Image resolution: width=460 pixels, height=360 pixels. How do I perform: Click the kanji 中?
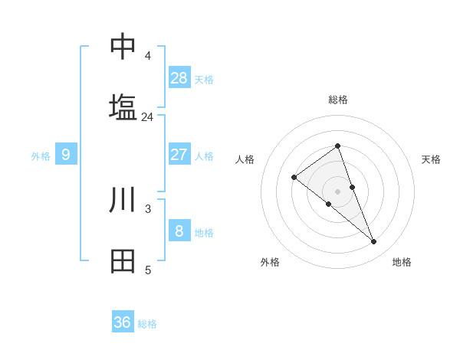click(x=123, y=47)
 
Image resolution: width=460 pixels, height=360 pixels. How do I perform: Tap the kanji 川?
click(x=123, y=200)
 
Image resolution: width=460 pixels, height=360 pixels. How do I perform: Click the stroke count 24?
click(x=147, y=116)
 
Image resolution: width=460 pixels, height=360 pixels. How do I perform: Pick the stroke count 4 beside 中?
click(x=147, y=56)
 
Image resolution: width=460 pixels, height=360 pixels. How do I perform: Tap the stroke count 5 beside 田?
click(x=147, y=270)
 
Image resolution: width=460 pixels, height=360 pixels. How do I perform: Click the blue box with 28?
click(x=179, y=77)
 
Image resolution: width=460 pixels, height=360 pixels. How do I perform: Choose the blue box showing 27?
click(x=179, y=154)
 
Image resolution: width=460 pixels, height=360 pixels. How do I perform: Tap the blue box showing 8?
click(x=179, y=231)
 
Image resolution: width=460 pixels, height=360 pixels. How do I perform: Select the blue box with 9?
click(x=66, y=155)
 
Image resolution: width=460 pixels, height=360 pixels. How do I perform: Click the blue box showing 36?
click(x=123, y=322)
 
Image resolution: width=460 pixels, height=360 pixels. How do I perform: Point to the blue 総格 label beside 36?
click(x=147, y=324)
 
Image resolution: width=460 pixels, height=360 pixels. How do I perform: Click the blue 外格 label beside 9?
click(x=41, y=156)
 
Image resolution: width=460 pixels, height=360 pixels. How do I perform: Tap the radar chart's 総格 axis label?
click(x=338, y=100)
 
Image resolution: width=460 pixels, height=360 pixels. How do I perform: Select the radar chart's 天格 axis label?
click(x=431, y=159)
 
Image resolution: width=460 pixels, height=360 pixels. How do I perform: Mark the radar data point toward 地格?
click(x=374, y=242)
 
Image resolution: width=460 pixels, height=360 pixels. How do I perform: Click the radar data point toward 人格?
click(x=294, y=178)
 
